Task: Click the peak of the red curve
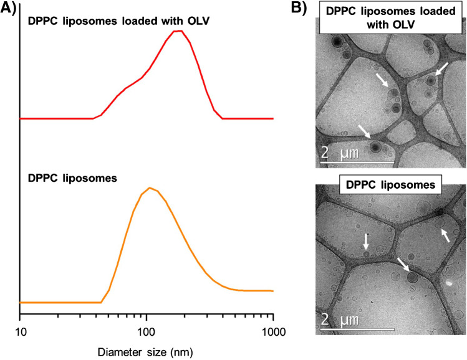178,31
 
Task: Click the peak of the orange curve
149,187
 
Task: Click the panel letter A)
9,8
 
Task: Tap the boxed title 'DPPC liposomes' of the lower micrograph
390,185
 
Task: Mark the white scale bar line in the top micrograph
357,163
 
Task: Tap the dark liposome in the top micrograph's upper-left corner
336,42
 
